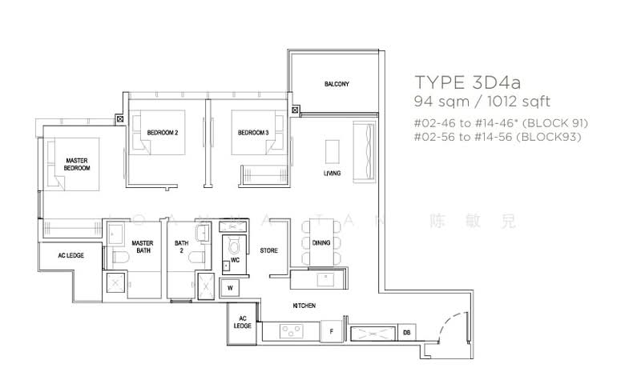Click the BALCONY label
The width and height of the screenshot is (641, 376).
pyautogui.click(x=336, y=84)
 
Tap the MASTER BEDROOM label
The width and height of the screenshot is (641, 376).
pyautogui.click(x=77, y=165)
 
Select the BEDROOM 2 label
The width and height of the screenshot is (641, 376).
pyautogui.click(x=162, y=132)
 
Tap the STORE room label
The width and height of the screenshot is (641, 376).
pyautogui.click(x=269, y=250)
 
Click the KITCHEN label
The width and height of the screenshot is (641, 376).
pyautogui.click(x=304, y=306)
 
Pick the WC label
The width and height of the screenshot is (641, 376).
pyautogui.click(x=236, y=260)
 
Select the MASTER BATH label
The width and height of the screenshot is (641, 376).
pyautogui.click(x=143, y=246)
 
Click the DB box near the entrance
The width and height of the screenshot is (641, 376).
pyautogui.click(x=407, y=331)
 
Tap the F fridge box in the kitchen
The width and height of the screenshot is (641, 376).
pyautogui.click(x=331, y=330)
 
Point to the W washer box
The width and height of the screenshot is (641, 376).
pyautogui.click(x=231, y=287)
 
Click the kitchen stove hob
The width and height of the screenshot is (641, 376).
pyautogui.click(x=290, y=330)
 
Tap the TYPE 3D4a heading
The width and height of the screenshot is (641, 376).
pyautogui.click(x=470, y=82)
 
